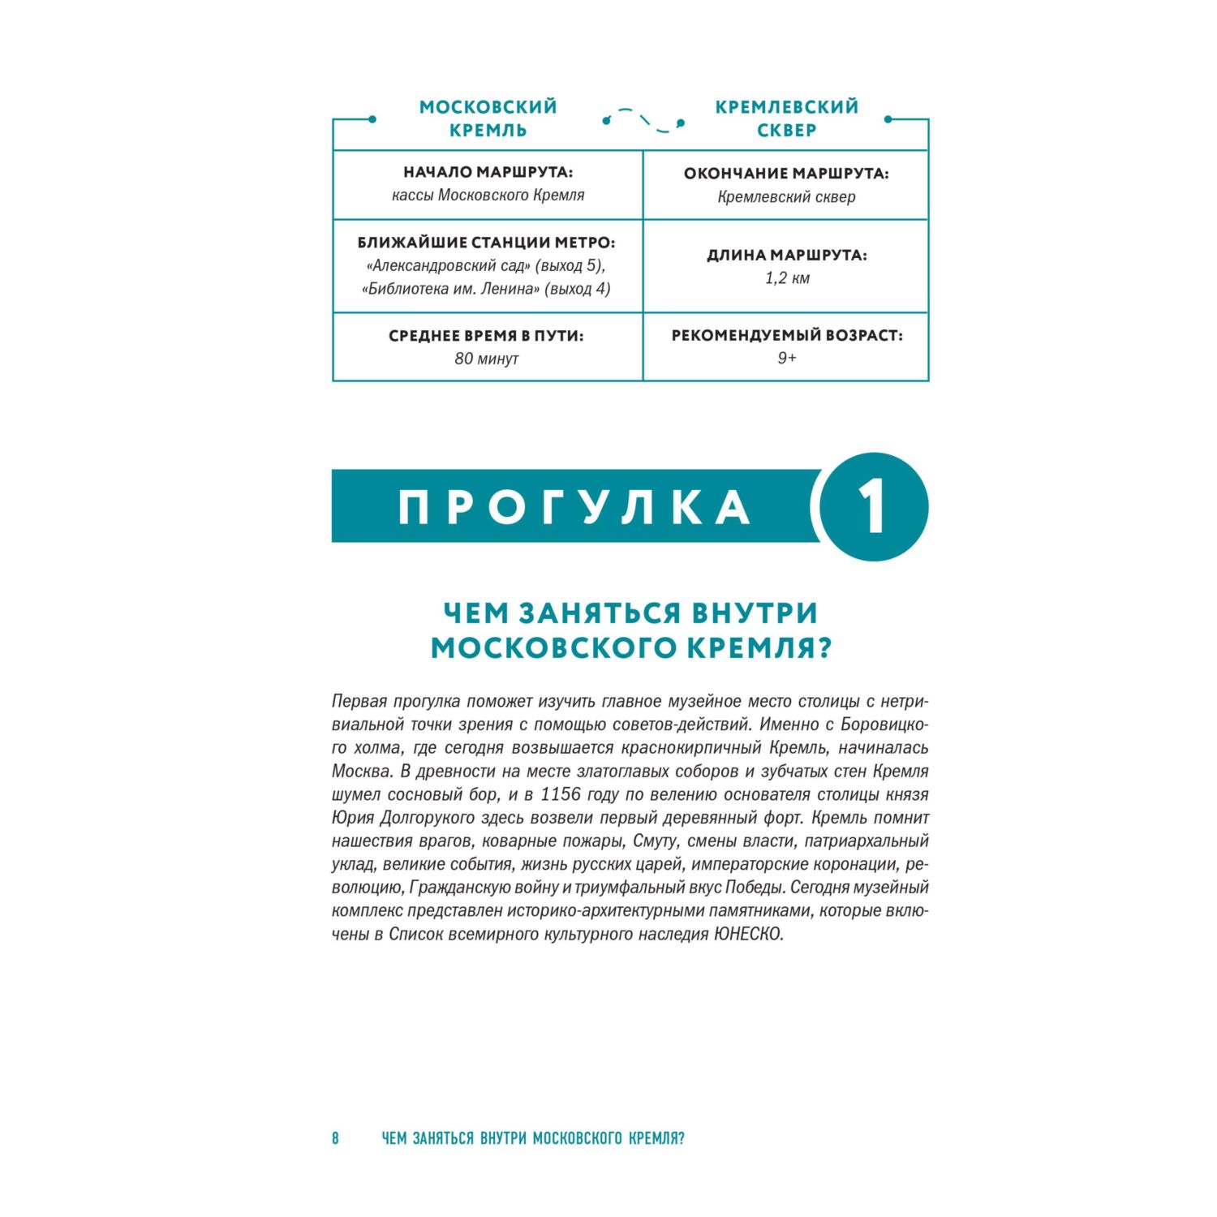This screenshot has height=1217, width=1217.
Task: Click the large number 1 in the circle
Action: coord(873,506)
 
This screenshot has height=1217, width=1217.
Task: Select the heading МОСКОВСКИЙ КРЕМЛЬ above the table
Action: coord(488,118)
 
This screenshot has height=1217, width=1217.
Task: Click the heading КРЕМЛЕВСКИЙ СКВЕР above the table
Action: coord(786,118)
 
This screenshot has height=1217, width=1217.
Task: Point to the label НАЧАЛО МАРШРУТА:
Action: coord(488,173)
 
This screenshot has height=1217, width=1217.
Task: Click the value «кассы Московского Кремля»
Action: coord(488,196)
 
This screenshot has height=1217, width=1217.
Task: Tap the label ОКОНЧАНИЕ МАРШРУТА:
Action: coord(786,174)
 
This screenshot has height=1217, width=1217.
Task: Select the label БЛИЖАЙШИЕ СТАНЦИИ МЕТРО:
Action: coord(487,243)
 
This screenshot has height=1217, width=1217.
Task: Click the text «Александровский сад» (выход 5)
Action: coord(486,265)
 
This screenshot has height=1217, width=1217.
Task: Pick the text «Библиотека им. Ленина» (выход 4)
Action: coord(486,289)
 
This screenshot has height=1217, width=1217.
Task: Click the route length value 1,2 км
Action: coord(786,278)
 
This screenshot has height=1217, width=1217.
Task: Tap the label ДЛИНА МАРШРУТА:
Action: coord(786,256)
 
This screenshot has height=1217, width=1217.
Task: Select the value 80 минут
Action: coord(486,359)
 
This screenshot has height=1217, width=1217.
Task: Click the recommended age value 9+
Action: coord(786,359)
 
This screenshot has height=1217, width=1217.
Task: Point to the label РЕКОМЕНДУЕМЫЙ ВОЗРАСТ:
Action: coord(786,336)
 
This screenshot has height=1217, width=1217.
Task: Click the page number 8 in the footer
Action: coord(335,1138)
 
